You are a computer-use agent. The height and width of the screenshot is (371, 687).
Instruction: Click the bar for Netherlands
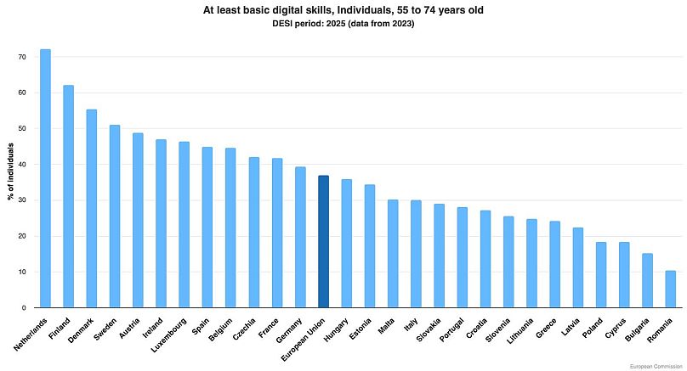pos(45,178)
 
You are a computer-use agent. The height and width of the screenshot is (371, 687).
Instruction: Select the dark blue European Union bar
pos(323,241)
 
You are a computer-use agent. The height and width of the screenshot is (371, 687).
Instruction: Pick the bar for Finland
pos(68,196)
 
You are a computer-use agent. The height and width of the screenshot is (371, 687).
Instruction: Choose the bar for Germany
pos(300,237)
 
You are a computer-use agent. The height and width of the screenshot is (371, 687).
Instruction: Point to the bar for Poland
pos(600,274)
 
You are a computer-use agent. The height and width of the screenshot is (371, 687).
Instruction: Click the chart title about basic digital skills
pos(343,9)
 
